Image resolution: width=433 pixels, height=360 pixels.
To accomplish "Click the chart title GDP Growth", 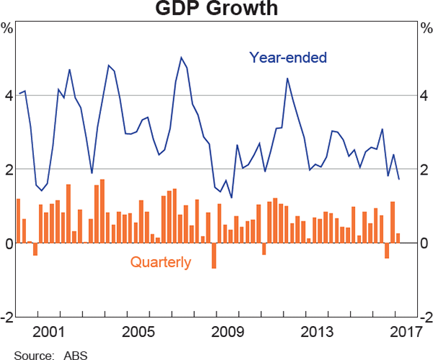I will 216,9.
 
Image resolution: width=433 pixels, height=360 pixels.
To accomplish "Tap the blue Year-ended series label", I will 288,56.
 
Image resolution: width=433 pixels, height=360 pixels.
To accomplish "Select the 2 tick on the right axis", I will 426,170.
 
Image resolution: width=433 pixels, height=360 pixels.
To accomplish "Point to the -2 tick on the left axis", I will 6,317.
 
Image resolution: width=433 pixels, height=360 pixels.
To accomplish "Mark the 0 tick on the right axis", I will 426,243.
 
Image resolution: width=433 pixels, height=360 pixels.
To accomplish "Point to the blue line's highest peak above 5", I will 181,58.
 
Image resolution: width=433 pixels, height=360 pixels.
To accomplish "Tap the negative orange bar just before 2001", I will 35,249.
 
